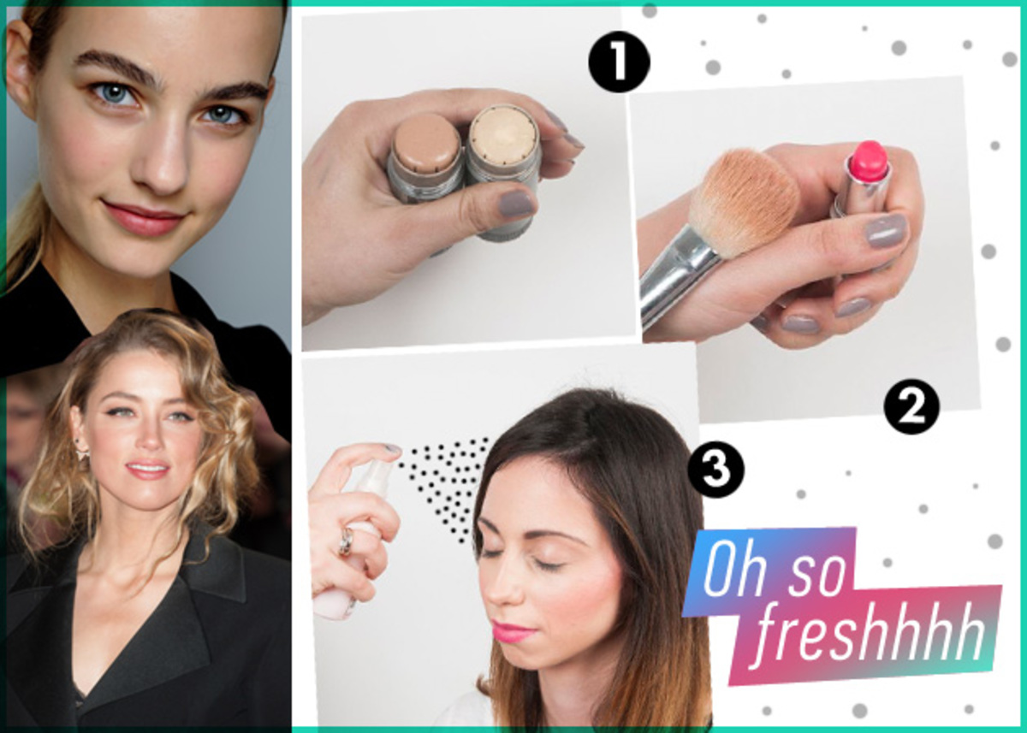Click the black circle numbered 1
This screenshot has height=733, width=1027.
(619, 62)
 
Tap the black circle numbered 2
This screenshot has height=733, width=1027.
(911, 406)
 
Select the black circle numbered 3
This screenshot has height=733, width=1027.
(715, 470)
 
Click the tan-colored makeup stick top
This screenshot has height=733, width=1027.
(427, 143)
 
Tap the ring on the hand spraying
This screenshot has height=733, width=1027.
(347, 541)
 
